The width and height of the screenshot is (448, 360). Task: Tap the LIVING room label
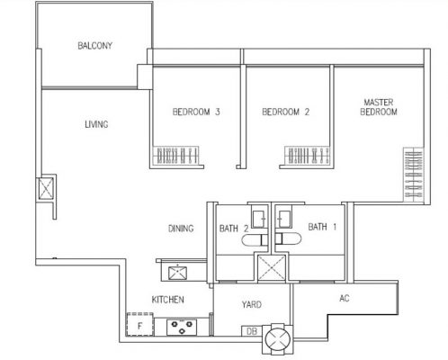[x=96, y=125]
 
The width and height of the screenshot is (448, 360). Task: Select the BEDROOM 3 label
[x=197, y=112]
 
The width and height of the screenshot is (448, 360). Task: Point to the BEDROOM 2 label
[x=285, y=112]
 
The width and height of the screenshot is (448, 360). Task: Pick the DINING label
[x=180, y=229]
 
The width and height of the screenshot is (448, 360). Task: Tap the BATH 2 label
[x=233, y=229]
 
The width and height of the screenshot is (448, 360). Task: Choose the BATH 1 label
[x=321, y=228]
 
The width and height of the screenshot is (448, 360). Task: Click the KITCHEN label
[x=168, y=299]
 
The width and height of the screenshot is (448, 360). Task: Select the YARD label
[x=253, y=304]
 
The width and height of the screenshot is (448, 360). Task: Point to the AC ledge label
[x=345, y=298]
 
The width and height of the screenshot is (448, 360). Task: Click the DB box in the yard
[x=251, y=331]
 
